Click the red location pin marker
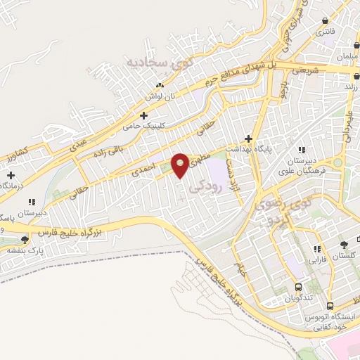[x=180, y=165]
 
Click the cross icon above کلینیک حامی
[x=144, y=115]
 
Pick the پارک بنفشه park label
[x=21, y=250]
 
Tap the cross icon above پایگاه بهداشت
[x=247, y=138]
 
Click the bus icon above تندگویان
[x=298, y=287]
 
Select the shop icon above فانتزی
[x=324, y=21]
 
